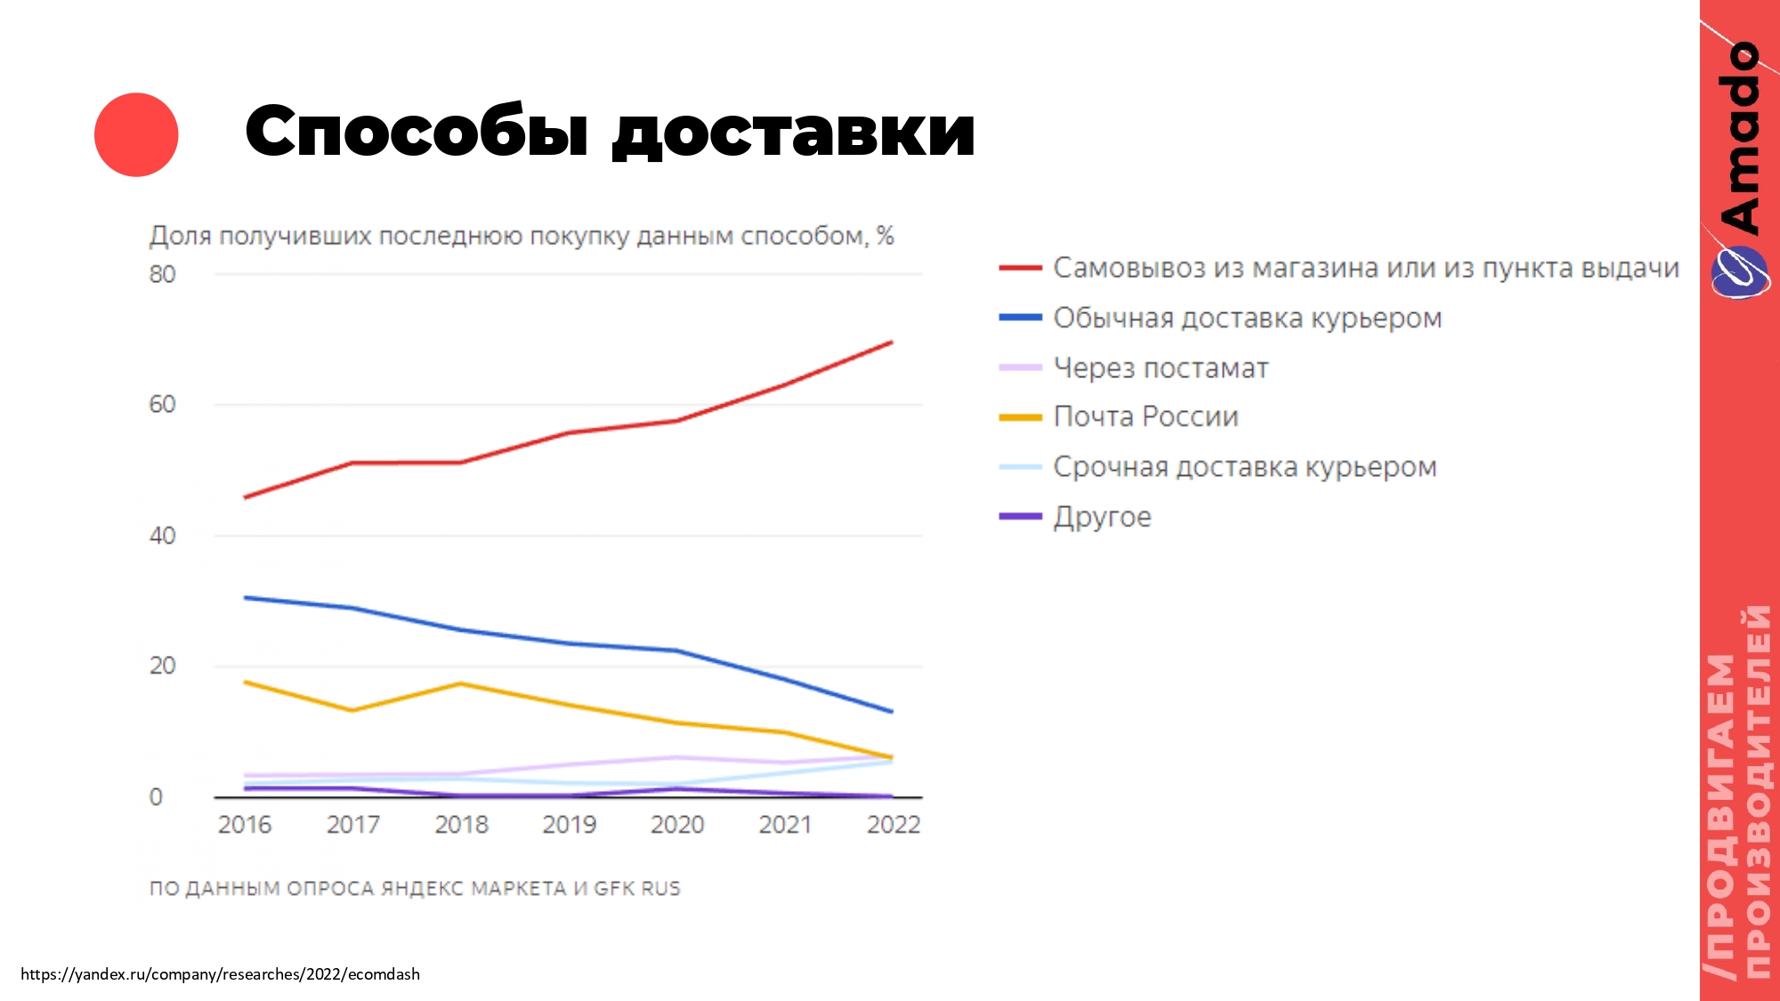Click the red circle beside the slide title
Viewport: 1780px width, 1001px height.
[136, 134]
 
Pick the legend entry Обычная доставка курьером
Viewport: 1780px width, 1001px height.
[1247, 318]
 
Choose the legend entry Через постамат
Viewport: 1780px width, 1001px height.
[1161, 367]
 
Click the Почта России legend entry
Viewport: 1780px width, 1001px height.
[1145, 416]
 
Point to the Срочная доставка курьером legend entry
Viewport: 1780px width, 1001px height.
[1244, 467]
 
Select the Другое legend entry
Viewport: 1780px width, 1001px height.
[1102, 517]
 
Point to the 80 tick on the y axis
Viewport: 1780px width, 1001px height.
[162, 275]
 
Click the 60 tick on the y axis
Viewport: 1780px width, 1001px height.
[162, 405]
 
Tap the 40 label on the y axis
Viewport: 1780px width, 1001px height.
[162, 536]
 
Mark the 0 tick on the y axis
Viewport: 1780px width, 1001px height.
[156, 796]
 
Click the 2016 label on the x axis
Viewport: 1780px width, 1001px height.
[245, 825]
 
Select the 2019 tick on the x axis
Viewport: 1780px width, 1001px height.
[569, 825]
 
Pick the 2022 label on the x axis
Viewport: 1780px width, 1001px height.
[893, 825]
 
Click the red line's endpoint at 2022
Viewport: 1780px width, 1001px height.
[892, 342]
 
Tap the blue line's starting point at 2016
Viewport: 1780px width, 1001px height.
[245, 597]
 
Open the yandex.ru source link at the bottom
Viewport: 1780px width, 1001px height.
[220, 974]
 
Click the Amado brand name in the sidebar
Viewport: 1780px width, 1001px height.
[1740, 138]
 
